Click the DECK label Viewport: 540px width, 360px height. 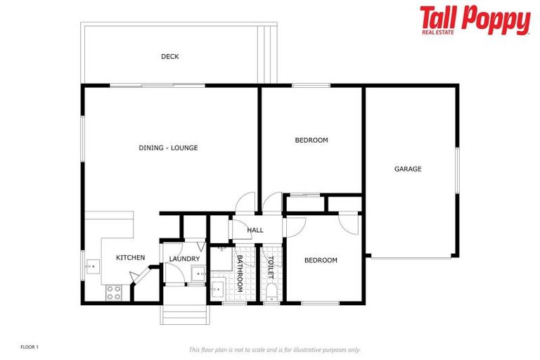[x=169, y=57]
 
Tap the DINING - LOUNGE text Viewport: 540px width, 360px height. [x=168, y=148]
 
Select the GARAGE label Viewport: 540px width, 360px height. [x=408, y=169]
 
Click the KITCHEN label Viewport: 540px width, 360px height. [x=130, y=258]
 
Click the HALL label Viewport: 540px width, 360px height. [x=255, y=230]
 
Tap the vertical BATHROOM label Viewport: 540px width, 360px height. [x=239, y=274]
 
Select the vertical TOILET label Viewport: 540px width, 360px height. [x=270, y=268]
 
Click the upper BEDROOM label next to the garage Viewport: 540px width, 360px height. [x=311, y=141]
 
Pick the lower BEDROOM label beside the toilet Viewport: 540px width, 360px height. [x=321, y=261]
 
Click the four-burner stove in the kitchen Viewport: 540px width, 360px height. [x=113, y=292]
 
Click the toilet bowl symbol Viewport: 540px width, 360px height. [x=271, y=292]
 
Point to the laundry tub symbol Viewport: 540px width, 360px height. [x=198, y=274]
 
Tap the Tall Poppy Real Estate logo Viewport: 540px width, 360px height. [x=475, y=20]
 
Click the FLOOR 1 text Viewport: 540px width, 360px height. [x=30, y=347]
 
